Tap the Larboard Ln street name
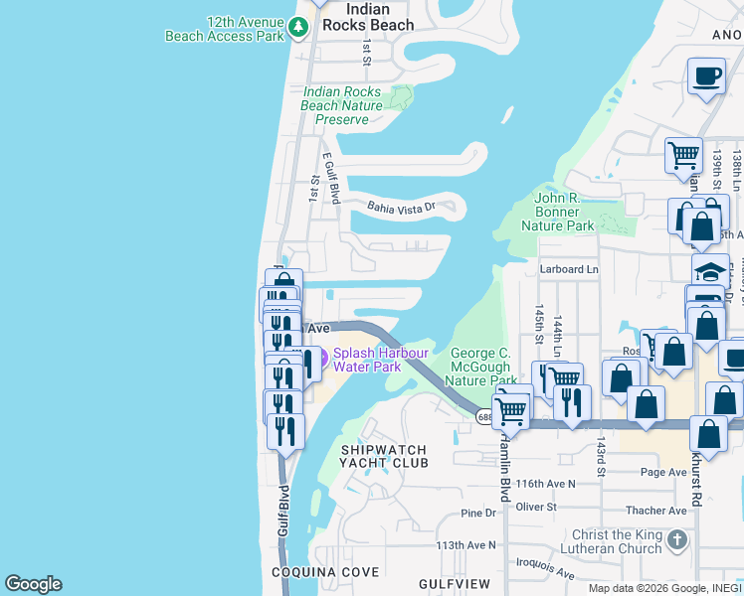tap(569, 269)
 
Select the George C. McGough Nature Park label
tap(480, 367)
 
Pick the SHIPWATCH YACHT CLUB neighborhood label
tap(384, 456)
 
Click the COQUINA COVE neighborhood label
tap(325, 573)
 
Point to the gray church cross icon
tap(677, 541)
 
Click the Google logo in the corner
tap(33, 584)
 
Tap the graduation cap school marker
tap(711, 271)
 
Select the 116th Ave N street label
tap(546, 483)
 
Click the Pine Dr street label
tap(478, 513)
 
